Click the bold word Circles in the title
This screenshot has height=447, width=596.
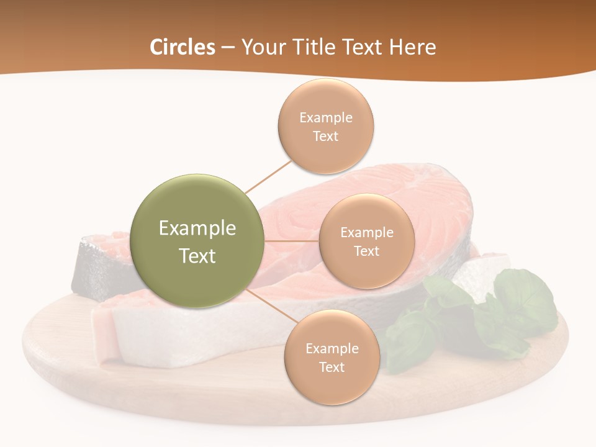click(183, 47)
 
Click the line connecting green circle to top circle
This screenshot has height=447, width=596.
click(268, 176)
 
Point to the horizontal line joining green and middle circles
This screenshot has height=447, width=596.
click(292, 241)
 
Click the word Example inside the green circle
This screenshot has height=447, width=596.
click(197, 228)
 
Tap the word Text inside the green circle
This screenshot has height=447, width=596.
click(197, 256)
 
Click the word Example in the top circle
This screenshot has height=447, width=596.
click(326, 118)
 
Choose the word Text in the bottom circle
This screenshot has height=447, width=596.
click(332, 367)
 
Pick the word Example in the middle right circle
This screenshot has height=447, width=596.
click(367, 233)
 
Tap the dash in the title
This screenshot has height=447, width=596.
click(228, 47)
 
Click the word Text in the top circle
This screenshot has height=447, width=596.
click(326, 136)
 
